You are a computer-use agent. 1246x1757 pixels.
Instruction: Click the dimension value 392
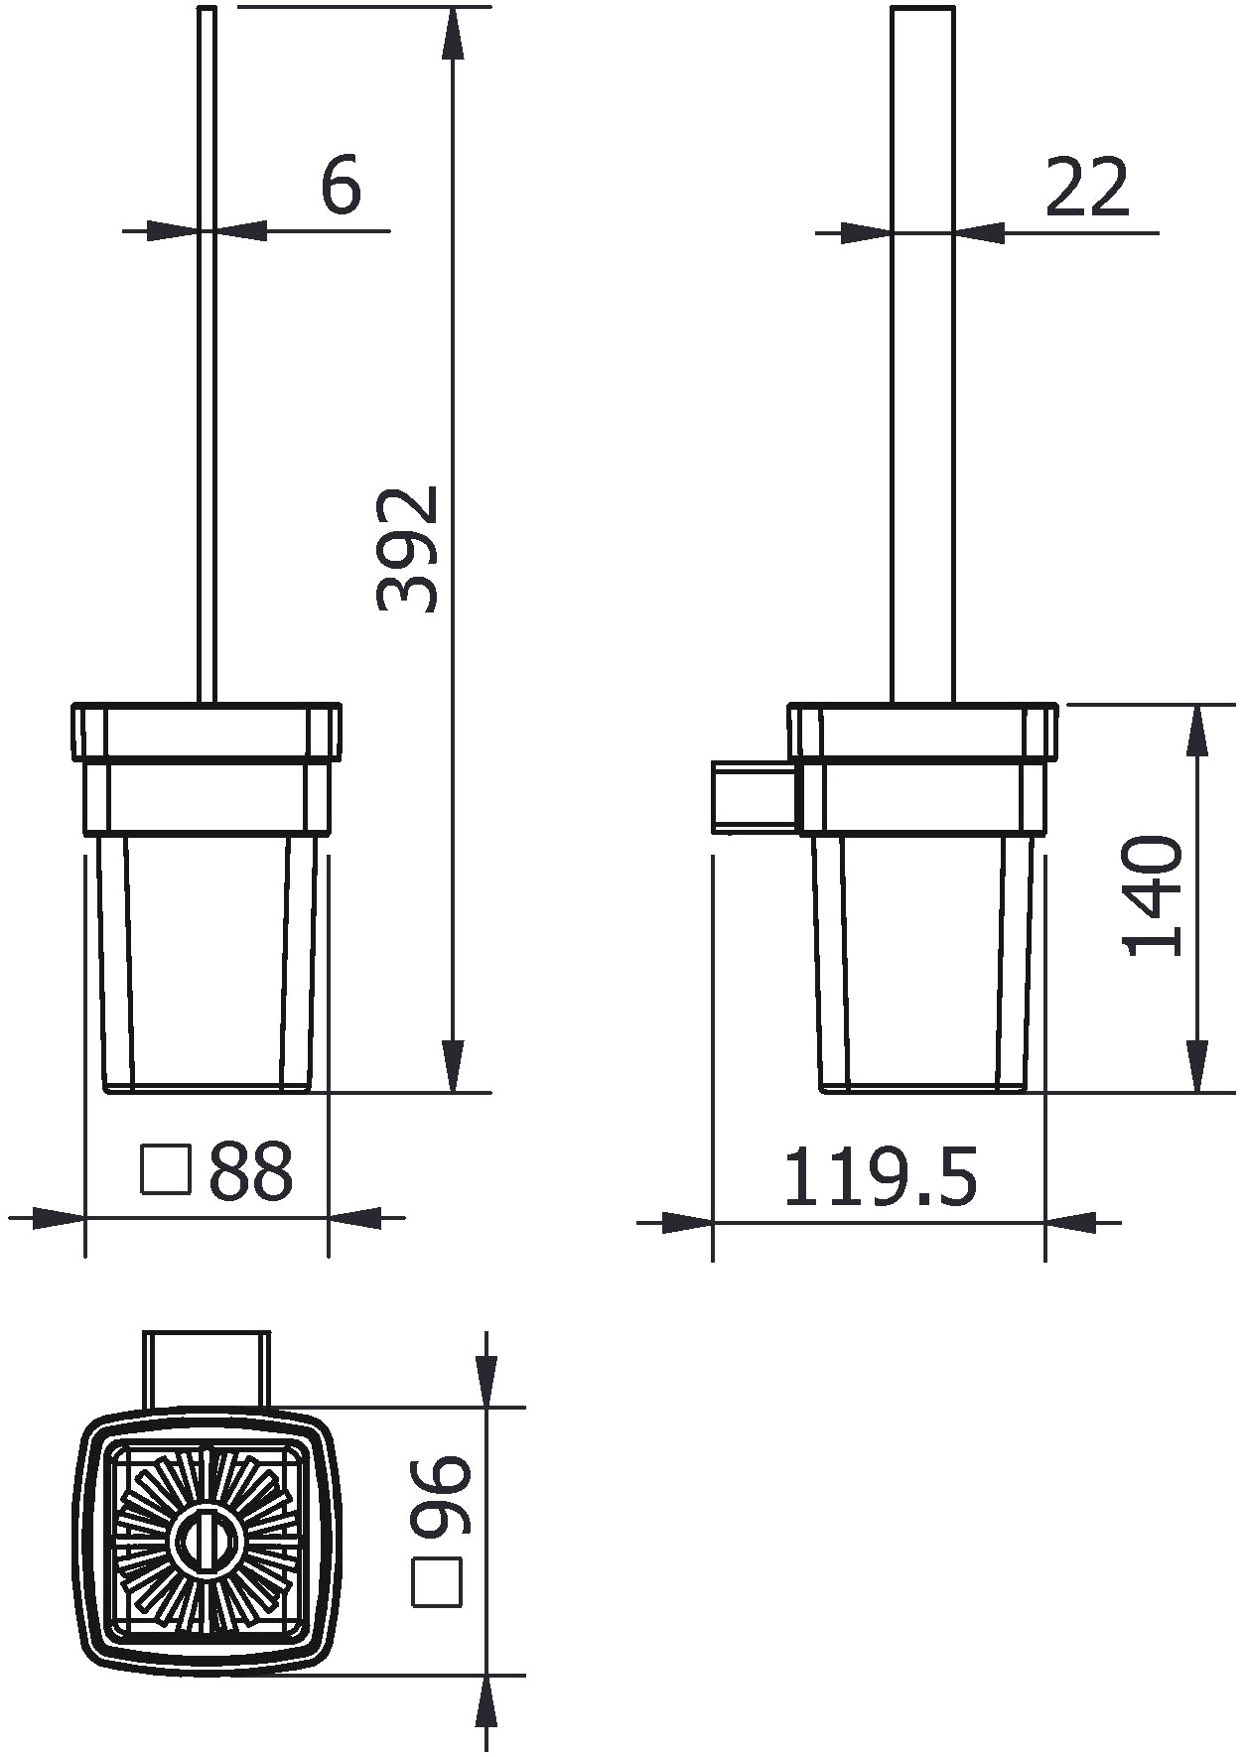point(407,548)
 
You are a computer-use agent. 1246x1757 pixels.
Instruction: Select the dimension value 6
point(341,185)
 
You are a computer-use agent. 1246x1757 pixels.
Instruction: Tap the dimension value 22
point(1088,187)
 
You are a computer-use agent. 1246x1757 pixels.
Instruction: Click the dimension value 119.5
point(881,1176)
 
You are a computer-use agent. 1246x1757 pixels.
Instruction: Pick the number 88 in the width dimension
point(251,1171)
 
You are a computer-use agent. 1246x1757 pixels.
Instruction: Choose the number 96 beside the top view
point(438,1495)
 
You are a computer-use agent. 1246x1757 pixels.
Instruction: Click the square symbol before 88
point(165,1170)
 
